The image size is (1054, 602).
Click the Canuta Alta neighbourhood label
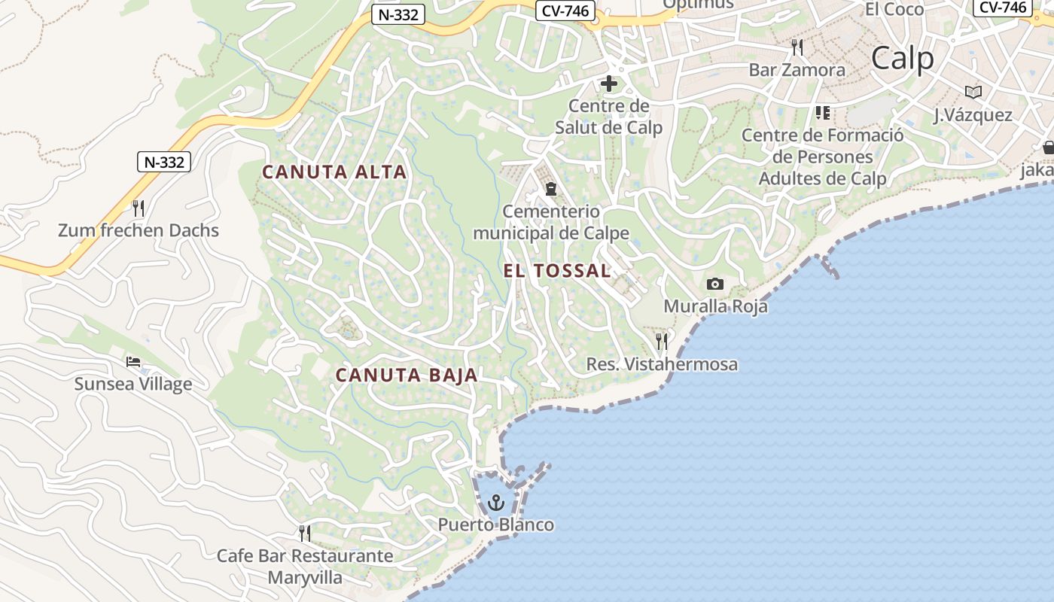coord(334,172)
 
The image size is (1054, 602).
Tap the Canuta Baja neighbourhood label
coord(407,375)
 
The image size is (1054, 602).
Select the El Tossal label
coord(557,271)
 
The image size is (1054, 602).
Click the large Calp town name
coord(903,59)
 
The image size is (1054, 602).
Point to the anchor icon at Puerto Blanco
coord(496,502)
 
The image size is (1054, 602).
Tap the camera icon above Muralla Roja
coord(715,284)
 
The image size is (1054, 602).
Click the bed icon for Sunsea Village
coord(133,362)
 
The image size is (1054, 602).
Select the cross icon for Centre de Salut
coord(608,84)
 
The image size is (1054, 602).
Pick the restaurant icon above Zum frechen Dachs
coord(138,208)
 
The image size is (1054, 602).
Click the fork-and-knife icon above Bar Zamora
coord(797,47)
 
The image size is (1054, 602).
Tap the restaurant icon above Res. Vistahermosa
coord(662,342)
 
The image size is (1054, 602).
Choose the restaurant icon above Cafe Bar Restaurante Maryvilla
coord(305,534)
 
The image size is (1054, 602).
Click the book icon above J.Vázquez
coord(973,92)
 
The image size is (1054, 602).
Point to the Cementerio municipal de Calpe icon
coord(550,188)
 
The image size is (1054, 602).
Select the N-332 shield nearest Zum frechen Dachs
coord(164,161)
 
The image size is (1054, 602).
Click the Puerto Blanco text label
coord(497,525)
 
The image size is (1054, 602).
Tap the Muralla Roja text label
coord(715,306)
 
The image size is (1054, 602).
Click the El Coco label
coord(894,9)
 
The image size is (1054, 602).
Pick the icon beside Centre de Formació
coord(822,113)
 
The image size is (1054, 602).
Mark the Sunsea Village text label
coord(133,385)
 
